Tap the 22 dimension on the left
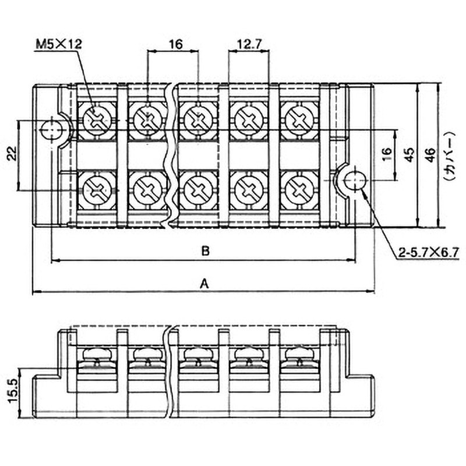[x=11, y=155]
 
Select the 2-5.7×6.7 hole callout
[x=429, y=253]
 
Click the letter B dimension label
[x=204, y=252]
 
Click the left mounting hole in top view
[x=54, y=129]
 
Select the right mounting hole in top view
[x=354, y=181]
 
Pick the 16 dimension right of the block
[x=386, y=155]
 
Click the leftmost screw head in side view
[x=97, y=354]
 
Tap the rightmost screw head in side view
[x=299, y=354]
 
